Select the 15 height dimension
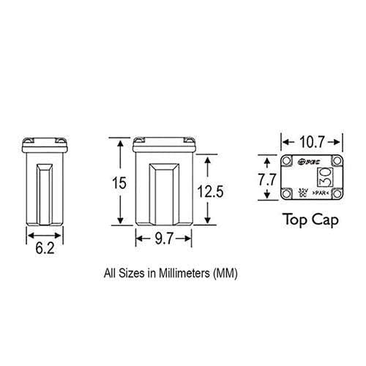116,183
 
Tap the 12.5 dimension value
211,191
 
